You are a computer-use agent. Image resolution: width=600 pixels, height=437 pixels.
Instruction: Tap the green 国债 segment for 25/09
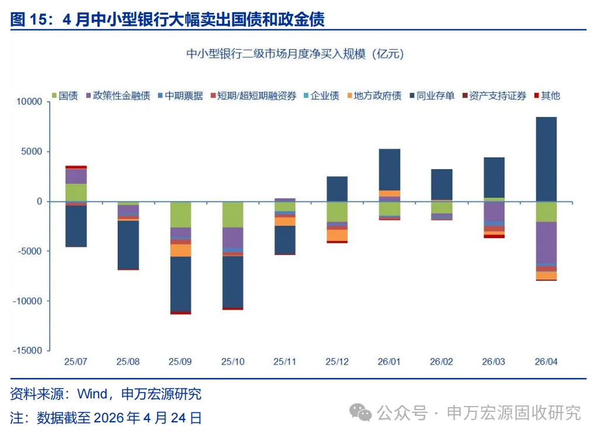click(x=180, y=214)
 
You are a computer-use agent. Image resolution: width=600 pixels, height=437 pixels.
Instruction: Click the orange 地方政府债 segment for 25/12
click(x=337, y=235)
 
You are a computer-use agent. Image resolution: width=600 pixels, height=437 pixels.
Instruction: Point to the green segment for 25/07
click(x=76, y=192)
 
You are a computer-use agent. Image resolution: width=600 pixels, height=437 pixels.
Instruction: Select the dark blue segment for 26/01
click(x=389, y=169)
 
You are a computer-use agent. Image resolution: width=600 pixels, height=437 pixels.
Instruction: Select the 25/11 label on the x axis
click(x=284, y=362)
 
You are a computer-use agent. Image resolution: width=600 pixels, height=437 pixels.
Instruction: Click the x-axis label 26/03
click(x=493, y=362)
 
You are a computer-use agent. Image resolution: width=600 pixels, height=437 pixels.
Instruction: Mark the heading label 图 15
click(x=28, y=19)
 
